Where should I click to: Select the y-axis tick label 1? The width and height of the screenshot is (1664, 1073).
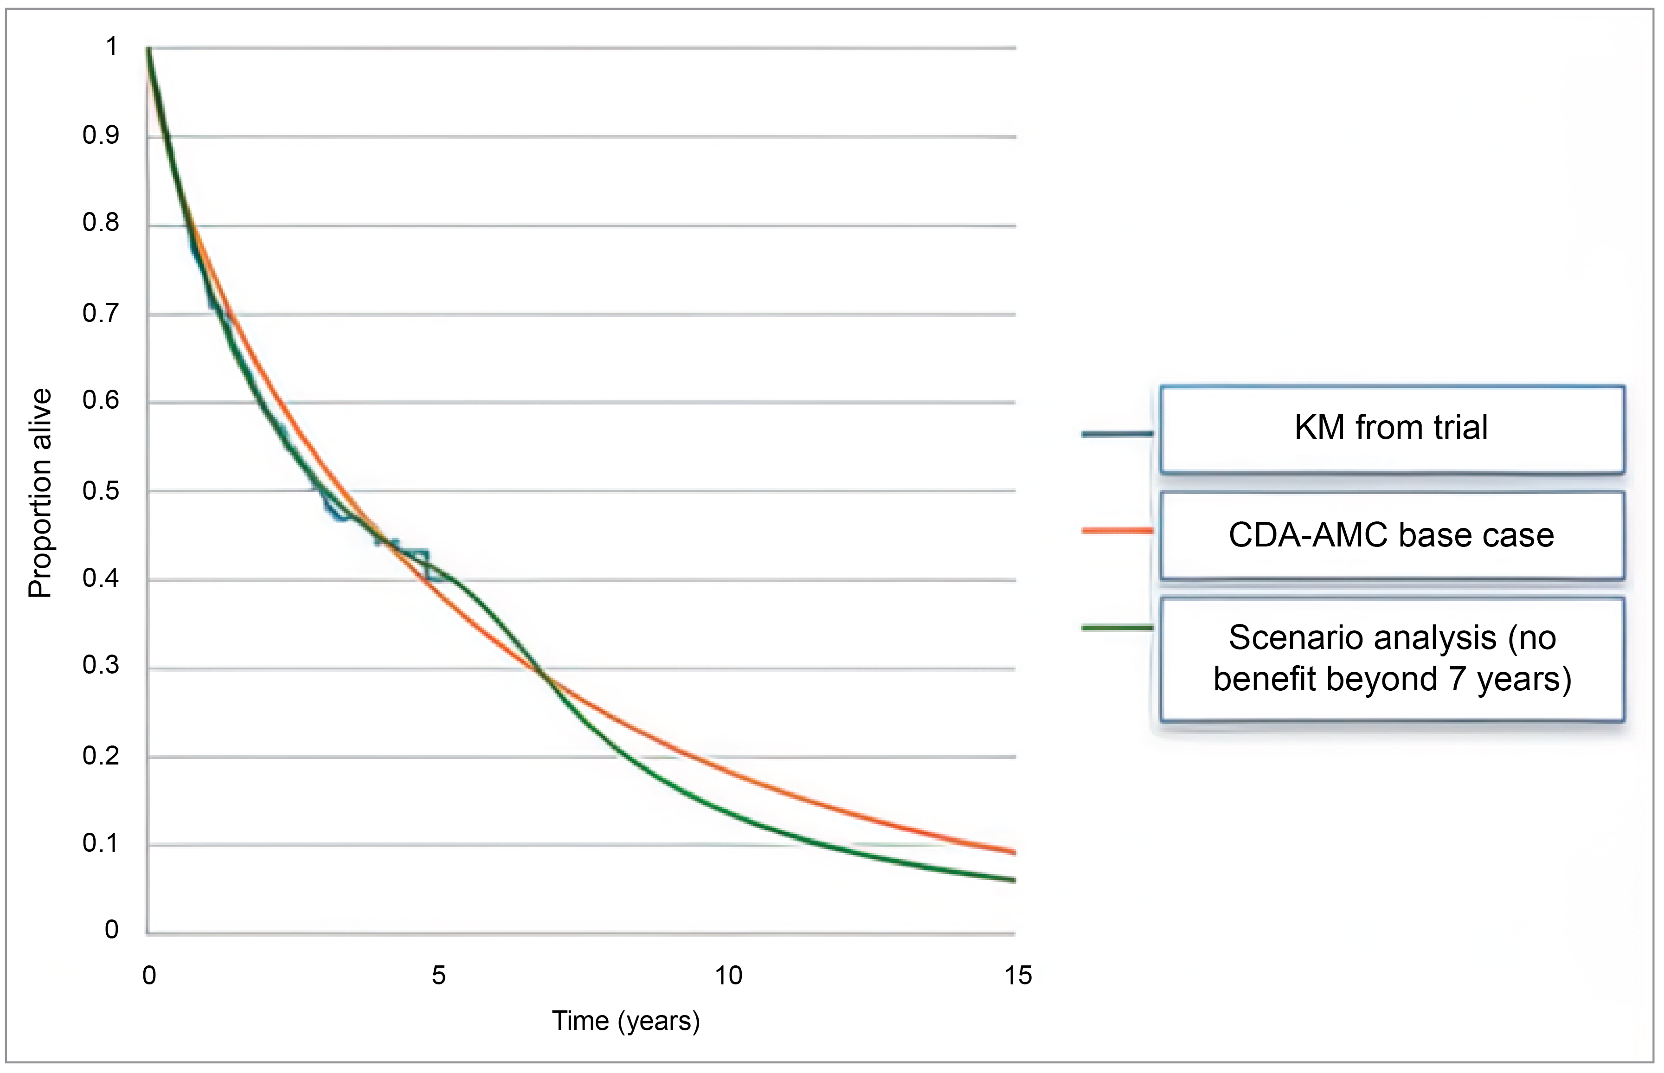coord(111,47)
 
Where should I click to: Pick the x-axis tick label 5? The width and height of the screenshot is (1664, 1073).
coord(438,976)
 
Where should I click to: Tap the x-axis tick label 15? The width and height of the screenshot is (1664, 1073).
coord(1018,976)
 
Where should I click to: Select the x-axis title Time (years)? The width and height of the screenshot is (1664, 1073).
coord(625,1021)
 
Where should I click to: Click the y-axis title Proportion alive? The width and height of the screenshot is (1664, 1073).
coord(40,493)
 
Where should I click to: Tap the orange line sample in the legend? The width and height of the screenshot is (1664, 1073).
coord(1117,531)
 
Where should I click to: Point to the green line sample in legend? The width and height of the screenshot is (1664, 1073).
coord(1117,628)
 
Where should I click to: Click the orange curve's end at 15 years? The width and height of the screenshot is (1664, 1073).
coord(1014,851)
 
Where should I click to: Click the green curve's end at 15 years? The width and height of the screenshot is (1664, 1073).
coord(1014,880)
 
